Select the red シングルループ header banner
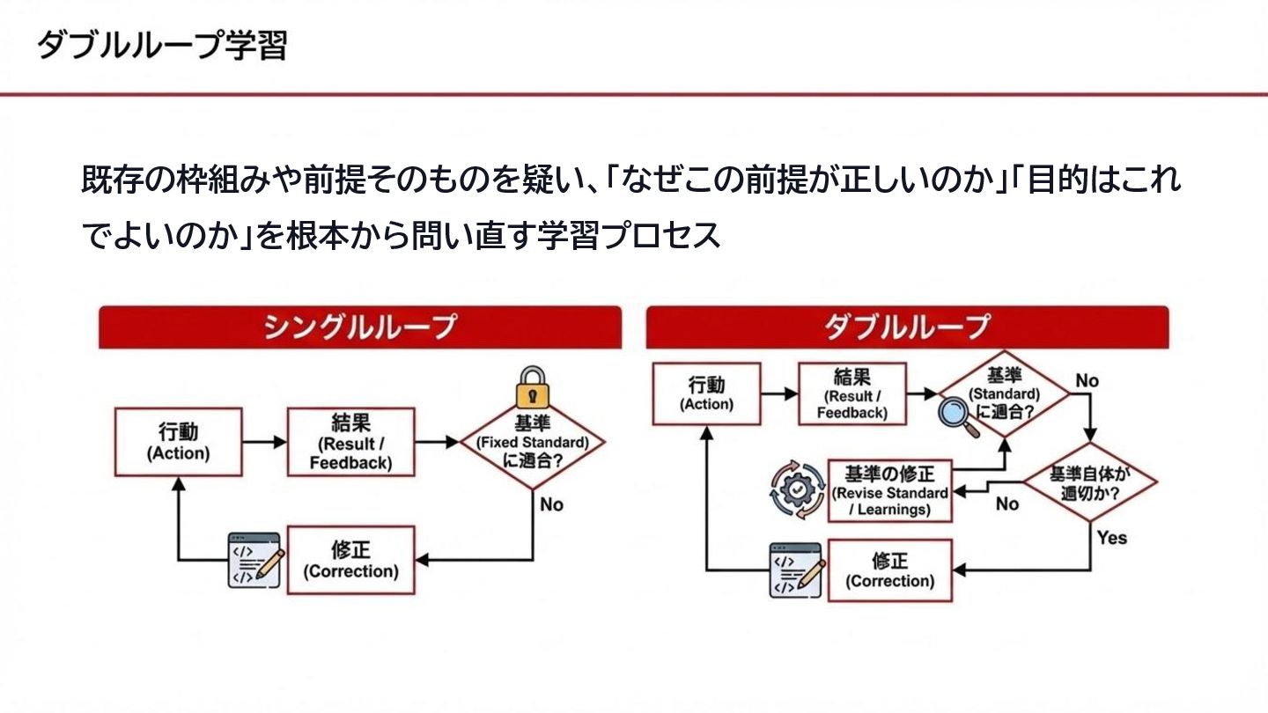(359, 327)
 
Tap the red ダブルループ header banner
(907, 327)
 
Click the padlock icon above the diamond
(534, 386)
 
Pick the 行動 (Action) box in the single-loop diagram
(178, 442)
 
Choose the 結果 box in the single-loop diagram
(350, 442)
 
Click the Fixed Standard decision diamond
(533, 445)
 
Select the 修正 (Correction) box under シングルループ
(350, 560)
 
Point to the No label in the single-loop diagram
(551, 504)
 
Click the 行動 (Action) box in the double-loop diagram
(706, 393)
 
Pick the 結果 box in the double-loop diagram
(851, 393)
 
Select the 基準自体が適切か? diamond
(1090, 483)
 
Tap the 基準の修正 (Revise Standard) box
(890, 490)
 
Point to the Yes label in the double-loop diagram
(1111, 537)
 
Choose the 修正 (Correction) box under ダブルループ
(890, 570)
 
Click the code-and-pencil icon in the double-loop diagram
(796, 570)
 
